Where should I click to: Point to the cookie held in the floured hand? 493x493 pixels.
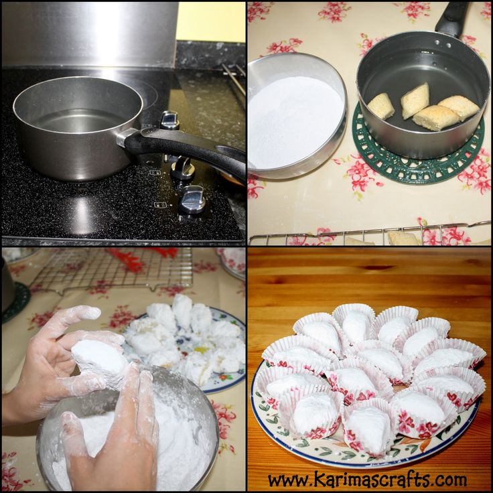(100, 362)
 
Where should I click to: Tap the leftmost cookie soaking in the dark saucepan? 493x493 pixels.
(380, 106)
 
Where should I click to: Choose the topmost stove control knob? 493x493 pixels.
(169, 120)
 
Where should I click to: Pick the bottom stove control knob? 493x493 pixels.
(192, 200)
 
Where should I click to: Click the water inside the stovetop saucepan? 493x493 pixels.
(78, 121)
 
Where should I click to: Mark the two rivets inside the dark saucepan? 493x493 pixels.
(443, 44)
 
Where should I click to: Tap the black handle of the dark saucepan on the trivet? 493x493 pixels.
(453, 19)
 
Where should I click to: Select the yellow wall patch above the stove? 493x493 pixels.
(210, 21)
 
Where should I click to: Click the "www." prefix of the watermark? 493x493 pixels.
(290, 481)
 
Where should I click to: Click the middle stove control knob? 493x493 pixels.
(183, 169)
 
